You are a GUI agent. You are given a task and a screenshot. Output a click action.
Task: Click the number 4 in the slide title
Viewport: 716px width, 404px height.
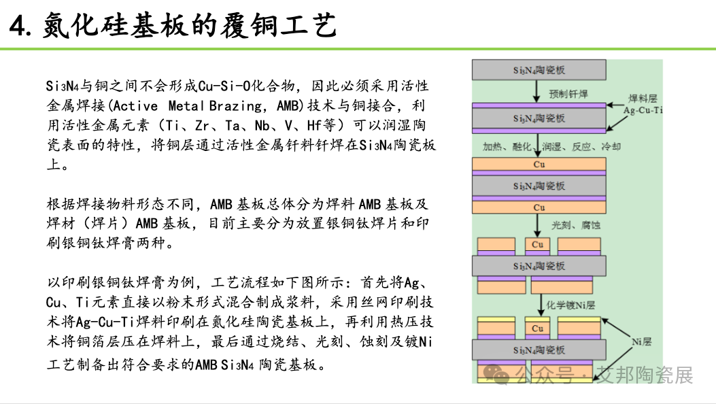point(18,26)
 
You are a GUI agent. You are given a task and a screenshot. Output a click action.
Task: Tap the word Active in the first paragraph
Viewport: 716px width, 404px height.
point(135,106)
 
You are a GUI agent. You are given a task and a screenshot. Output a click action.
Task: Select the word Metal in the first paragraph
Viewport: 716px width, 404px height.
point(186,106)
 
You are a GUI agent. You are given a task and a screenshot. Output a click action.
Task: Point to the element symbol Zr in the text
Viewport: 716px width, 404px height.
point(202,125)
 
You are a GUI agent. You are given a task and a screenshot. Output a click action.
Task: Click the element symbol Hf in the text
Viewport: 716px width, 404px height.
point(314,125)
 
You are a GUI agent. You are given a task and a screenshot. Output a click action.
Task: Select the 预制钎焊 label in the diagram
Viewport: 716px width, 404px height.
point(568,94)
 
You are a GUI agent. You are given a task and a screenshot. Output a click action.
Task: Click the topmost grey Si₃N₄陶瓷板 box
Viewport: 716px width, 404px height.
point(539,70)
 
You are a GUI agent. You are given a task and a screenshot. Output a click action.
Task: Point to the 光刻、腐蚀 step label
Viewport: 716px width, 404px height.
point(576,225)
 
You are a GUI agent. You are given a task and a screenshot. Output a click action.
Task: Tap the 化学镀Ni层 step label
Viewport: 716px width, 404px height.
point(570,305)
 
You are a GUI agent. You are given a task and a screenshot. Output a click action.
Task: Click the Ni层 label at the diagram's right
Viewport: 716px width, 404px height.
point(642,341)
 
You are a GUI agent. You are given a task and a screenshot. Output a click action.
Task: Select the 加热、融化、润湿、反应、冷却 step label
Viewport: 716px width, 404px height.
point(551,146)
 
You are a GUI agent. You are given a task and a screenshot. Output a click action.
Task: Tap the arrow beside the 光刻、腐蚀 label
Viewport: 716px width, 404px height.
point(538,226)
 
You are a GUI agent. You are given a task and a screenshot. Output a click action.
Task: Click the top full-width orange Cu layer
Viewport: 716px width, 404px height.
point(539,165)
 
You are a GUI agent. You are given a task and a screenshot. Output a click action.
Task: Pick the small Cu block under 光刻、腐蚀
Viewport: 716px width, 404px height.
point(537,244)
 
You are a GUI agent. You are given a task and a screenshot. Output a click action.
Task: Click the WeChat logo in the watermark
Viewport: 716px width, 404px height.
point(496,375)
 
